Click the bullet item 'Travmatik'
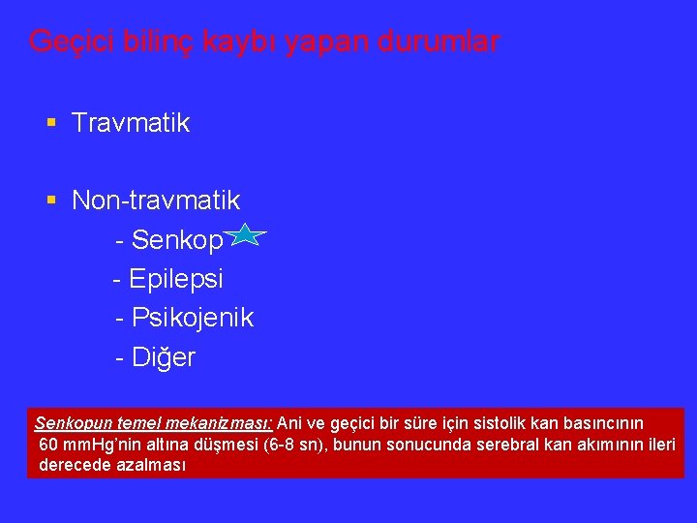click(131, 123)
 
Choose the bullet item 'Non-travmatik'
click(156, 200)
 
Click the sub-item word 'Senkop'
click(176, 239)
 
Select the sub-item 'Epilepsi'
click(175, 279)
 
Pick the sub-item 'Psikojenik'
click(192, 318)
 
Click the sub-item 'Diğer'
click(163, 357)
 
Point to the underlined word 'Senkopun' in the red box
click(69, 423)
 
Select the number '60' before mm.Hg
click(49, 444)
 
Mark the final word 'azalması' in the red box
click(150, 464)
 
